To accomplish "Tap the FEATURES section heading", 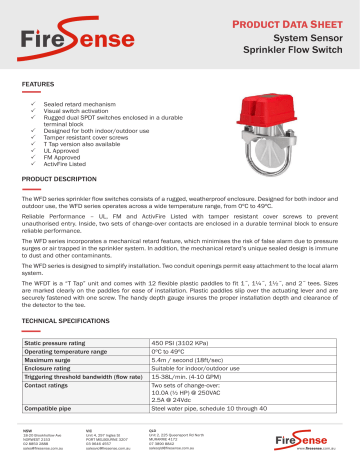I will [38, 87].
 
